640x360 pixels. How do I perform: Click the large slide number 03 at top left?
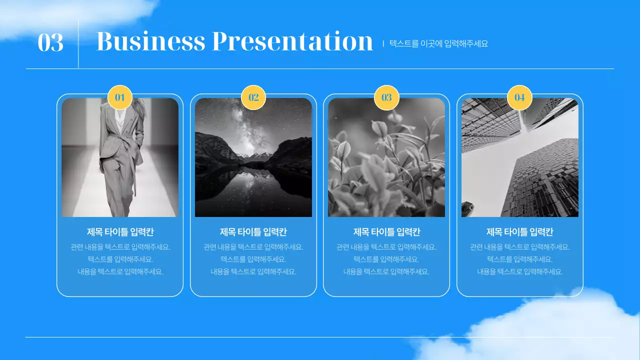(50, 42)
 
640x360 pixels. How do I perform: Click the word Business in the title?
(150, 41)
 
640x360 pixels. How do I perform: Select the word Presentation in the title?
(292, 41)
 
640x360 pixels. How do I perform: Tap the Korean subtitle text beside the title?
(438, 43)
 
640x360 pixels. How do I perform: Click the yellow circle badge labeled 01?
(120, 97)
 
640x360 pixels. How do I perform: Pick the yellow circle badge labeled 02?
(253, 97)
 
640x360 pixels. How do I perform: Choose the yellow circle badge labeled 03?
(386, 97)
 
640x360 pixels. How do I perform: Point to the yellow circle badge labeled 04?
(520, 97)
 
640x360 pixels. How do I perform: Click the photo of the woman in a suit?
(120, 157)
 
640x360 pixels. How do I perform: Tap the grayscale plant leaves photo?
(386, 157)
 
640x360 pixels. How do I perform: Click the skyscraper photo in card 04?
(520, 157)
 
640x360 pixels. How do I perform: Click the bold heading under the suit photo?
(120, 232)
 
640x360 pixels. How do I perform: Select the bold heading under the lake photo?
(253, 232)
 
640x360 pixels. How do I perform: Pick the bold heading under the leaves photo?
(386, 232)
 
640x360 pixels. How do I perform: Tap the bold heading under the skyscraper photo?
(520, 232)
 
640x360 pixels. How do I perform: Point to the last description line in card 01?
(120, 272)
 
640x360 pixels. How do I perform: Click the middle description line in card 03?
(386, 259)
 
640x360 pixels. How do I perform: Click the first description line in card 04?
(520, 247)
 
